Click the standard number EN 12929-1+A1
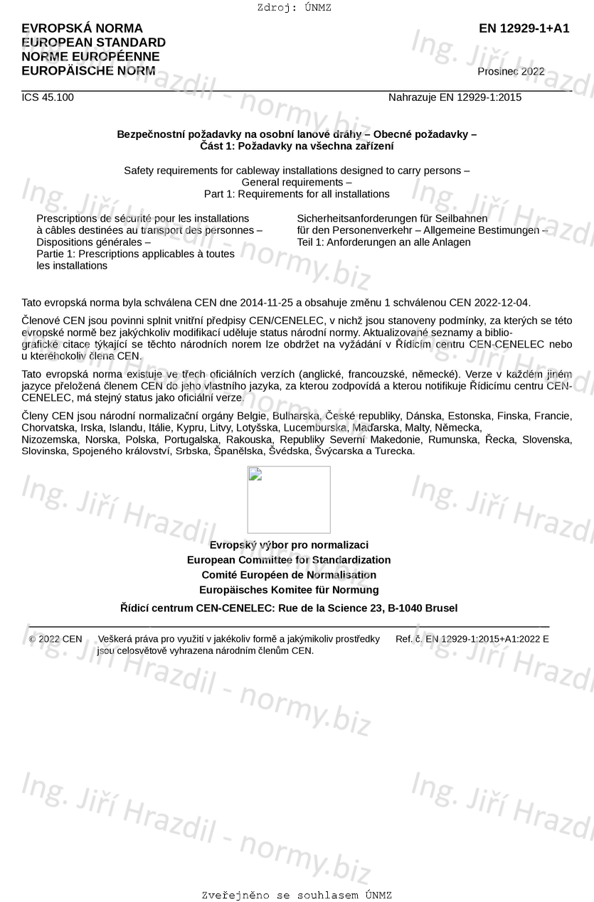(x=524, y=28)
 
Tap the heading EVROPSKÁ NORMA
(x=82, y=28)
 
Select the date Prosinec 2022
(x=511, y=71)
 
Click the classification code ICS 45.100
(x=48, y=97)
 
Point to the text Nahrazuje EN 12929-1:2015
(x=455, y=97)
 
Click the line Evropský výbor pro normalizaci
(x=289, y=545)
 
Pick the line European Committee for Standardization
(x=289, y=560)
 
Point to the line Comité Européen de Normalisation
(x=289, y=575)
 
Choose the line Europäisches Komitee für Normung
(x=289, y=590)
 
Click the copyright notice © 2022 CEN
(x=55, y=639)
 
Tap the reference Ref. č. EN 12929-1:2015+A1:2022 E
(x=472, y=639)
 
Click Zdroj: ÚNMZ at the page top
(x=295, y=8)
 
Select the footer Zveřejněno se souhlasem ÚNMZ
(x=297, y=895)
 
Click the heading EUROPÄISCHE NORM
(x=88, y=71)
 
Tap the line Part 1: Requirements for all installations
(x=297, y=194)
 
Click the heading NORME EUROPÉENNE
(x=90, y=57)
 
